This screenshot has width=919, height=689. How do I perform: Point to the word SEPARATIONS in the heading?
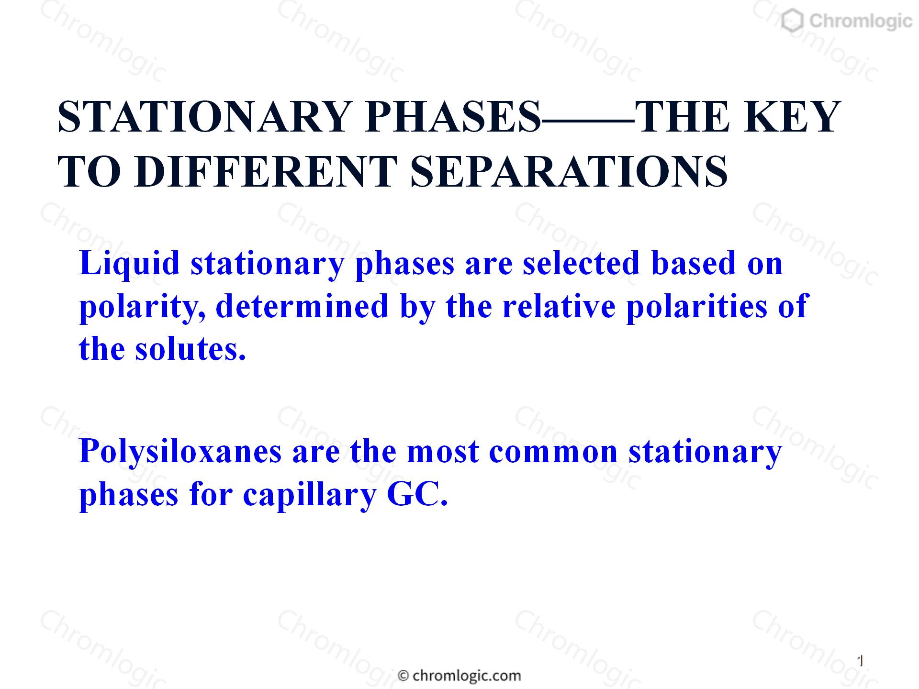(569, 171)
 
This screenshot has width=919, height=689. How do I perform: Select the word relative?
(559, 306)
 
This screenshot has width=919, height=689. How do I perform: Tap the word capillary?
(310, 496)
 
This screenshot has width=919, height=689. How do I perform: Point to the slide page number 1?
(860, 661)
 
